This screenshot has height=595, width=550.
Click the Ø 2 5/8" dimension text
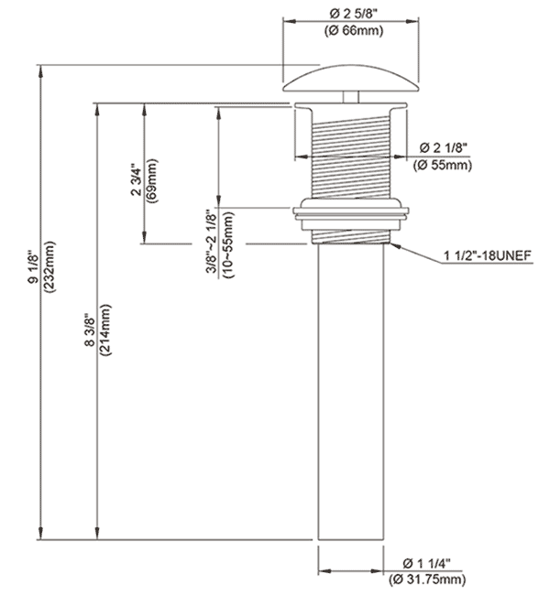pyautogui.click(x=353, y=14)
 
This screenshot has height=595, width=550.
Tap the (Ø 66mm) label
pyautogui.click(x=354, y=30)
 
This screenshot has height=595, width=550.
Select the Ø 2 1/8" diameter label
pyautogui.click(x=443, y=147)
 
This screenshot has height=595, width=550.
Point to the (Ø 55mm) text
pyautogui.click(x=443, y=166)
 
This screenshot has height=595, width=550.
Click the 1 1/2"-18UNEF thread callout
pyautogui.click(x=488, y=255)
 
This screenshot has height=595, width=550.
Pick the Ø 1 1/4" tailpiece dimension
pyautogui.click(x=426, y=564)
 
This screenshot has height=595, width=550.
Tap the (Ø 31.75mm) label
pyautogui.click(x=427, y=579)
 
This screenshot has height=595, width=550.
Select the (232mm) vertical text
pyautogui.click(x=49, y=266)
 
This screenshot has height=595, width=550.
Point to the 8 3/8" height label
pyautogui.click(x=89, y=330)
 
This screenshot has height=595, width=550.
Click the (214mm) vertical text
pyautogui.click(x=104, y=330)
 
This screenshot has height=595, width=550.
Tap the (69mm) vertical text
pyautogui.click(x=152, y=180)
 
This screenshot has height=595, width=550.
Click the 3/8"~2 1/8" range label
pyautogui.click(x=211, y=242)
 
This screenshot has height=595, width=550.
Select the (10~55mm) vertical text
pyautogui.click(x=228, y=244)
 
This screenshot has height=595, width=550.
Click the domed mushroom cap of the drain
pyautogui.click(x=351, y=78)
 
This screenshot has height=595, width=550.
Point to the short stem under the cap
pyautogui.click(x=351, y=97)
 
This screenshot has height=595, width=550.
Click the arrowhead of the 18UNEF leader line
pyautogui.click(x=395, y=246)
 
